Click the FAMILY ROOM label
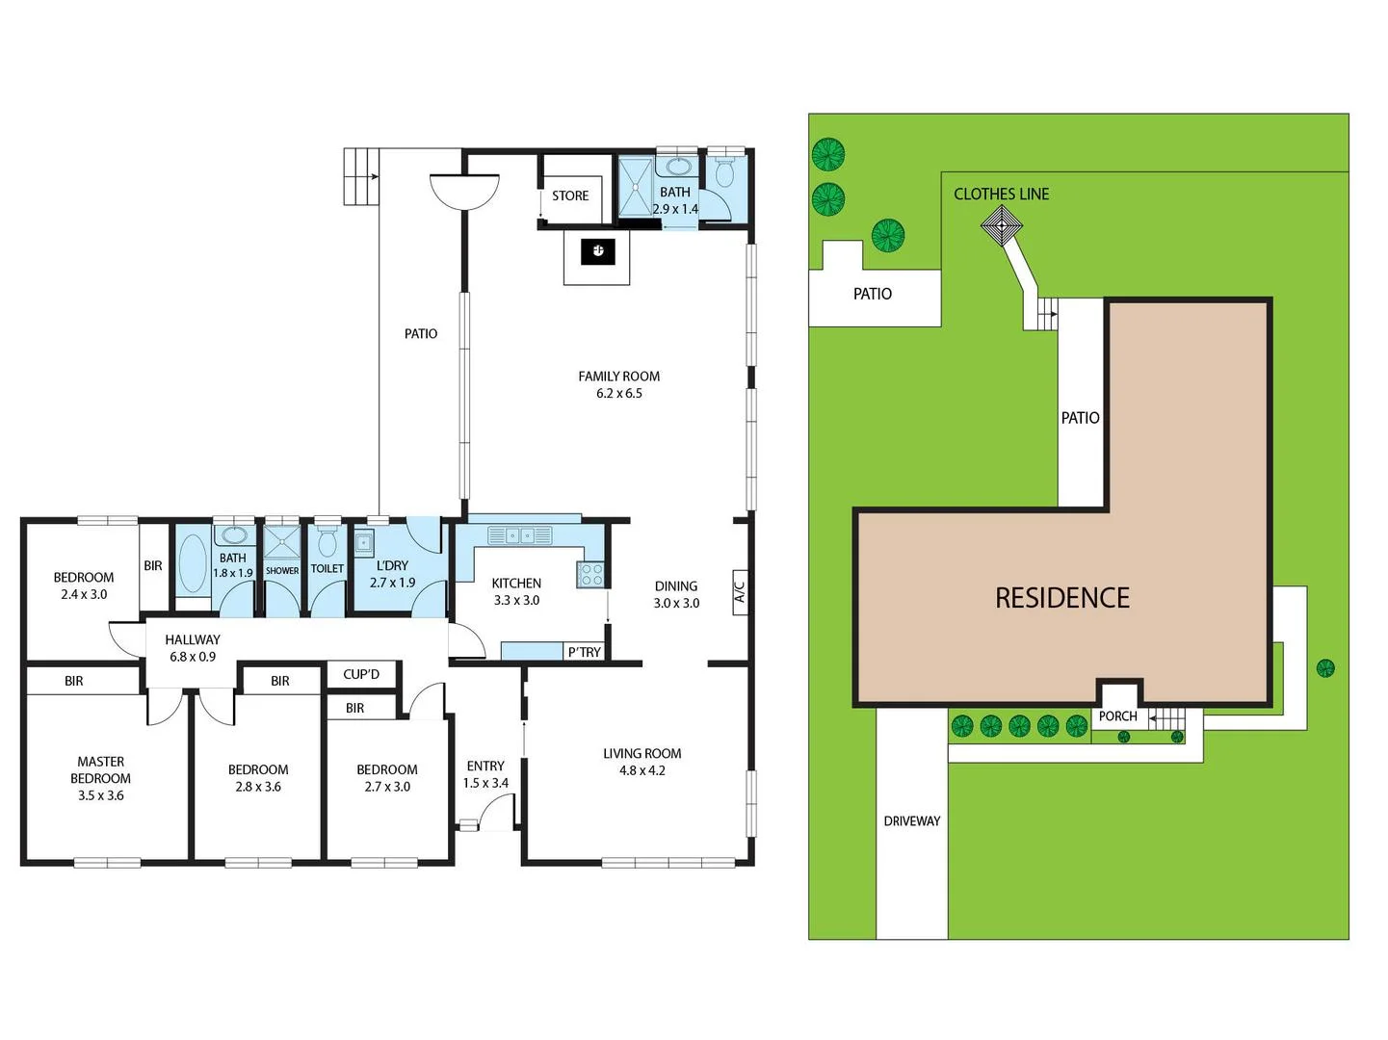[618, 377]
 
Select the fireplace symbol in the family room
[597, 252]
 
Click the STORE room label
[570, 195]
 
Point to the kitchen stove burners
[590, 575]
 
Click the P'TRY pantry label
[584, 652]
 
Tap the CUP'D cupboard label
[361, 674]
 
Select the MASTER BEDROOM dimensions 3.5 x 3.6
[101, 795]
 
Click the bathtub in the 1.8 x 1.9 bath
[193, 563]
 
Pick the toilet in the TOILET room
[327, 543]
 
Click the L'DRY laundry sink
[363, 543]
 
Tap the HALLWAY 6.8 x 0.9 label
[193, 648]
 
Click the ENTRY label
[485, 767]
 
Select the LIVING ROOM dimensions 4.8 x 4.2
[642, 770]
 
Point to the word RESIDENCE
[1062, 598]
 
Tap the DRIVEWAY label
[912, 821]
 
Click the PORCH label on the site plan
[1117, 716]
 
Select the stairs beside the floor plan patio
[361, 176]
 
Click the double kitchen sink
[519, 535]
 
